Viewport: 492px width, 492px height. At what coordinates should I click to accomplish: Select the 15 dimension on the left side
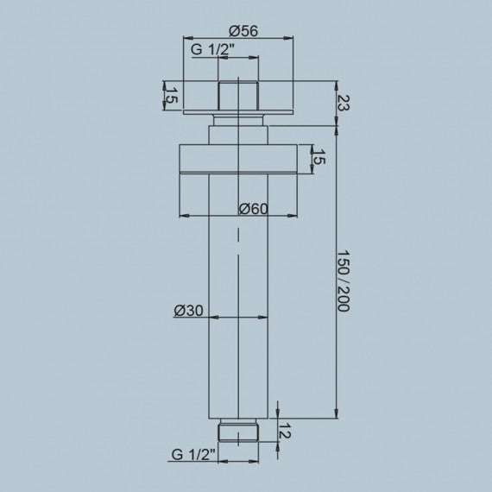pos(172,96)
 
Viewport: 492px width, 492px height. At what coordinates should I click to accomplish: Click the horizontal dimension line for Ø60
pos(207,215)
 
